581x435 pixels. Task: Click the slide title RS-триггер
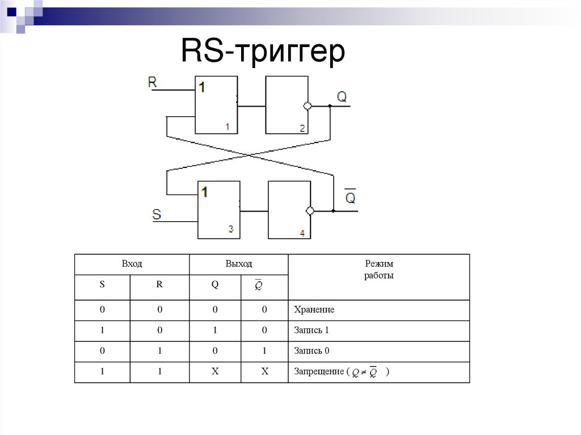point(263,52)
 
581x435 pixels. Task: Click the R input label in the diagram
point(152,82)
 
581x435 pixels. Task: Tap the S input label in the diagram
point(157,214)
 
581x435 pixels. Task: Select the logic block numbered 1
point(216,105)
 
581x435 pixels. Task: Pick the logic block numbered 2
point(287,105)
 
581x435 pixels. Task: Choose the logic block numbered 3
point(218,209)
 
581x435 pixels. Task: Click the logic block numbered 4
point(289,209)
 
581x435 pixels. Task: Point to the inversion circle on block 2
point(308,106)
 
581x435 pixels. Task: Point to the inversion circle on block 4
point(310,211)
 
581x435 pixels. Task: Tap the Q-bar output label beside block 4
point(351,197)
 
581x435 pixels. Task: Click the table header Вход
point(132,264)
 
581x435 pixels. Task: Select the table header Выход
point(238,264)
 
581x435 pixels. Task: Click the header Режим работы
point(379,269)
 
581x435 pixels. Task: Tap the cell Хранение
point(314,310)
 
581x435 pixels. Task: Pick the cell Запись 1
point(311,331)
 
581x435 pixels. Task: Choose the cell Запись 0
point(311,351)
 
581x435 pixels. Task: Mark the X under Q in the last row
point(215,372)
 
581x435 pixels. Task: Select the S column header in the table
point(102,285)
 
